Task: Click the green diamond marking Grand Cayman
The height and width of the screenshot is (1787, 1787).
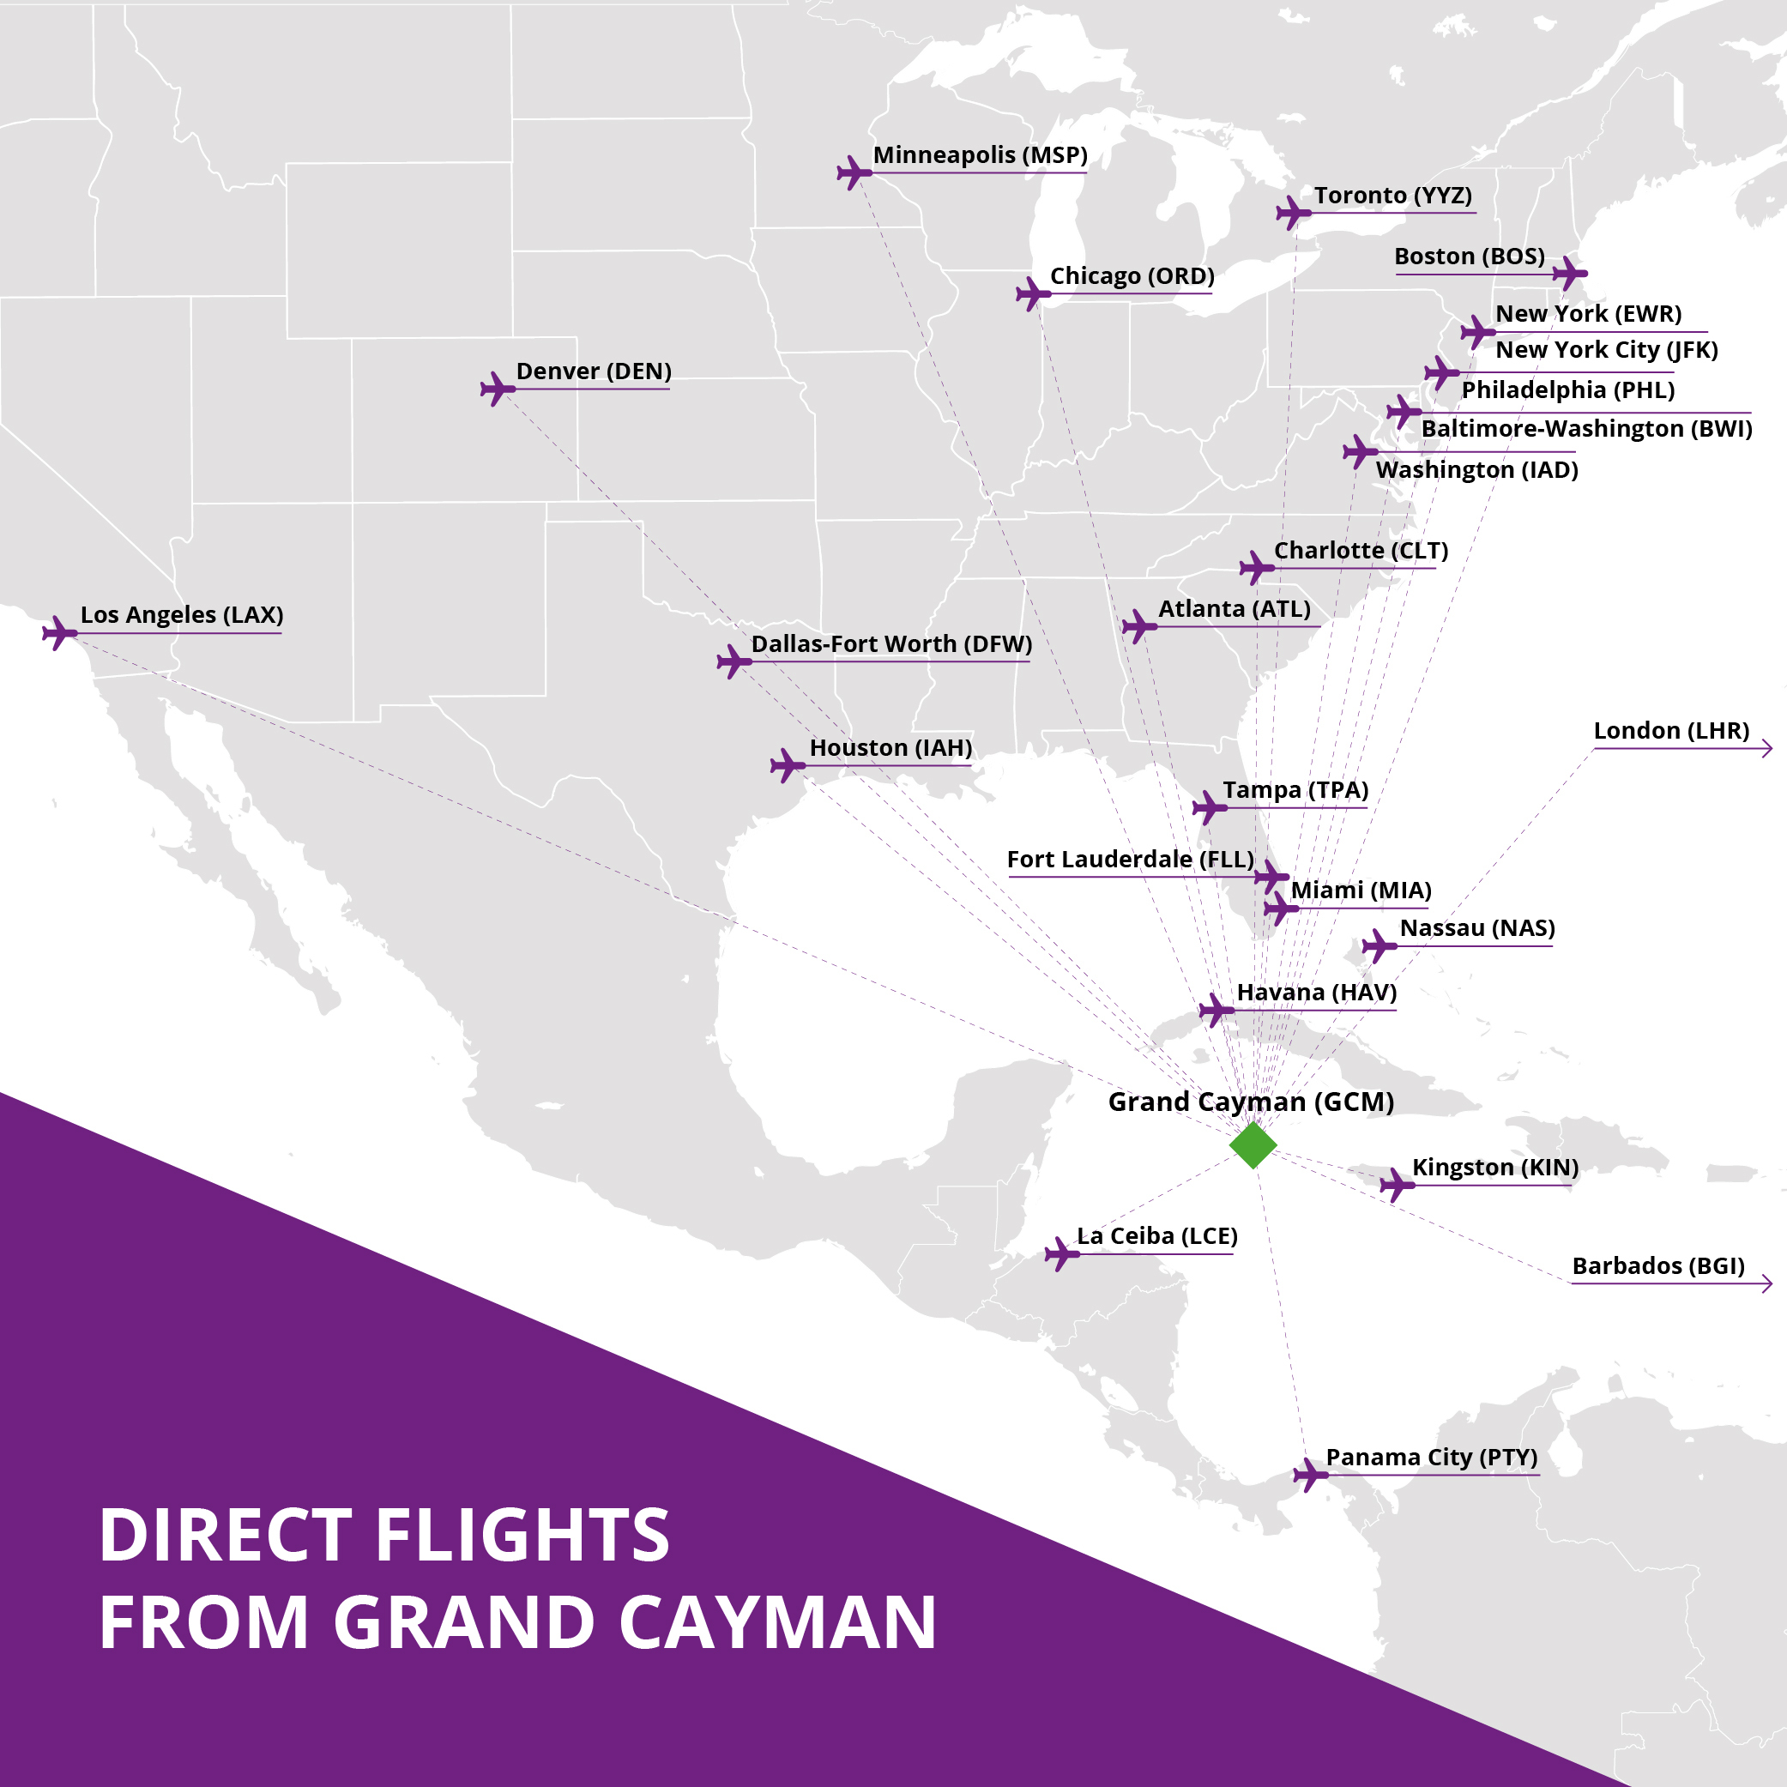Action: (1253, 1145)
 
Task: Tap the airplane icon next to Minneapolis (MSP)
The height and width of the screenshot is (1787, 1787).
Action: (854, 172)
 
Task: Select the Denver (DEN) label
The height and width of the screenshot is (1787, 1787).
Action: (593, 371)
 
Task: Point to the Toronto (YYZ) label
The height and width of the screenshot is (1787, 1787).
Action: (1392, 195)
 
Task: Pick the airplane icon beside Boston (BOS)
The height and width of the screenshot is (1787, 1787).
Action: (1570, 273)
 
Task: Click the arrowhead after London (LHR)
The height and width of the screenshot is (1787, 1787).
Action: (1766, 748)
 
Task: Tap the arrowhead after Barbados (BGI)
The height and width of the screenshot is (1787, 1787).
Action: (1766, 1283)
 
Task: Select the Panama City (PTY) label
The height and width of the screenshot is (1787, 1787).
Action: (1431, 1457)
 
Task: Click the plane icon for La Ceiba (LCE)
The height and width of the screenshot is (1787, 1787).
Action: (1062, 1254)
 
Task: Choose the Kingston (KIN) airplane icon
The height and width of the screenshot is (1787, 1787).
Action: (1397, 1184)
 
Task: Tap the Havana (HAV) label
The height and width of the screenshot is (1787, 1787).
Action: (1316, 993)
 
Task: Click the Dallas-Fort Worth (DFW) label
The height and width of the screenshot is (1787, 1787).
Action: (890, 643)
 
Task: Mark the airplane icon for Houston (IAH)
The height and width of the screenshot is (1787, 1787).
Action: (788, 765)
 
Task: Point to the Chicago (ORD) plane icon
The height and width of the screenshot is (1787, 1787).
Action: (1033, 294)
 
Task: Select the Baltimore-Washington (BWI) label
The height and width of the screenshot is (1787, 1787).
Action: (1586, 428)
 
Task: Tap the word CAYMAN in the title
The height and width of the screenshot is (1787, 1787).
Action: (777, 1623)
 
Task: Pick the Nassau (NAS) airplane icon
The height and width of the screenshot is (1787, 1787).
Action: (1379, 945)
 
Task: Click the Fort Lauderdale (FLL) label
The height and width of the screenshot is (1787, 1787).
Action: (1129, 860)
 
